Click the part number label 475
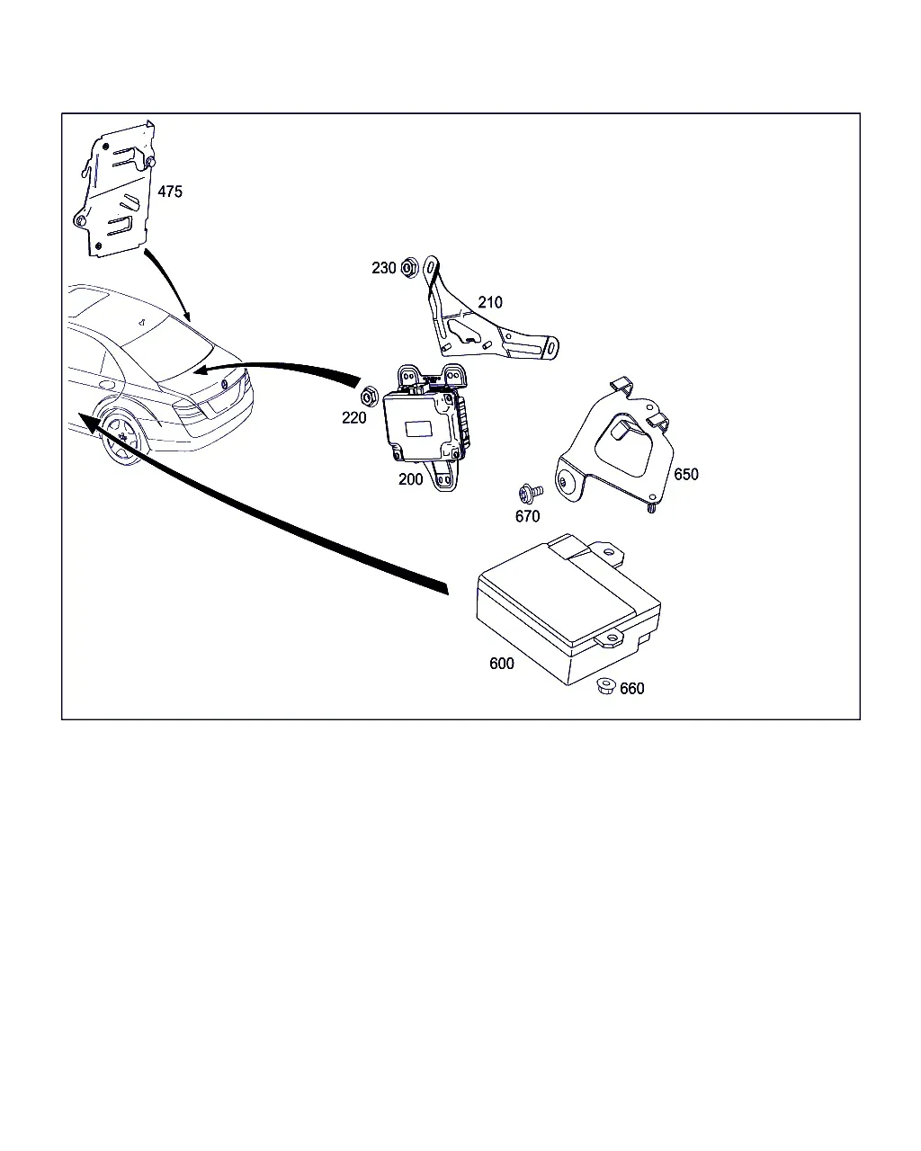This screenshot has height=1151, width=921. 170,192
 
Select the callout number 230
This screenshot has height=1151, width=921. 384,268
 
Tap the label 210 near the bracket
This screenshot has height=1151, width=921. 489,302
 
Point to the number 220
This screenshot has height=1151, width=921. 353,418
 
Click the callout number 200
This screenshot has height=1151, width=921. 410,479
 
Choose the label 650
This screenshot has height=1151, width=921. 685,475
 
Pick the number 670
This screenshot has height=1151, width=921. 527,516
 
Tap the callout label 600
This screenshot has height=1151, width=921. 502,664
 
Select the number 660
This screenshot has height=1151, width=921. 631,689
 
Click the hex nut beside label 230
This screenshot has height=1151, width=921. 409,267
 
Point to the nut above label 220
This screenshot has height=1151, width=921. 369,397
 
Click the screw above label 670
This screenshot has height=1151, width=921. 531,493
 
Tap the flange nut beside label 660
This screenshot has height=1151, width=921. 606,686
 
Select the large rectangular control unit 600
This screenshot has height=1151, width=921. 568,609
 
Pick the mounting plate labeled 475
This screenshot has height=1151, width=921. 114,188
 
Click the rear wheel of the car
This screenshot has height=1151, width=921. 122,438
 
